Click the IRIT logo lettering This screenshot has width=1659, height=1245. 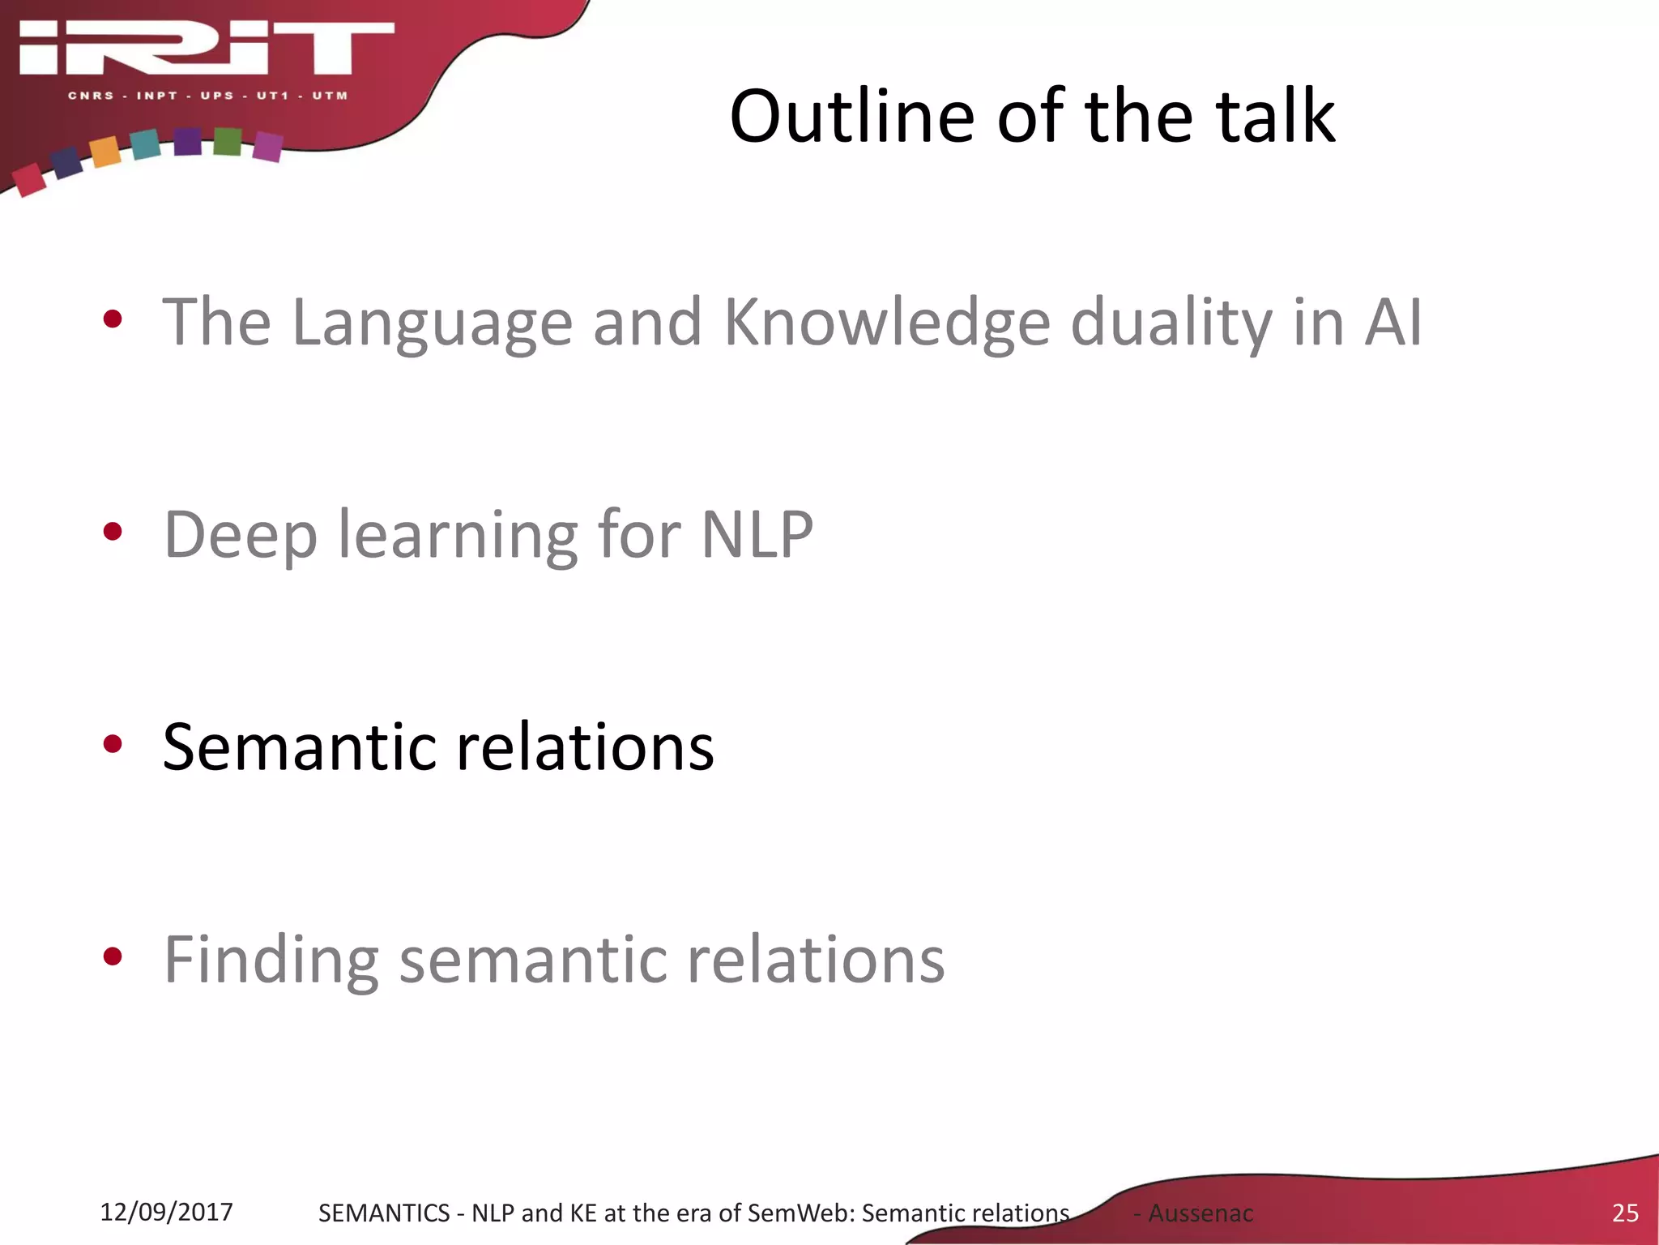(207, 49)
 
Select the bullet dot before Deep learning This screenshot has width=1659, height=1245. (113, 533)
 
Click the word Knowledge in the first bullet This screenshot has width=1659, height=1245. (886, 323)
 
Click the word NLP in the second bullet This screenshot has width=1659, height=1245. (757, 535)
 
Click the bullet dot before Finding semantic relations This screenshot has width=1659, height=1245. (113, 957)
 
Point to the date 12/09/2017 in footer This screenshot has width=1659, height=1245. (166, 1212)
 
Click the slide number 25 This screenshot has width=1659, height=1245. (1625, 1213)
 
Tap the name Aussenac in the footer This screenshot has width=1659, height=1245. (1201, 1213)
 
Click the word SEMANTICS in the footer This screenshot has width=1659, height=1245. (383, 1213)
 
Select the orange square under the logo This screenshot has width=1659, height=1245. (105, 152)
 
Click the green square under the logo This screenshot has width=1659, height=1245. (228, 142)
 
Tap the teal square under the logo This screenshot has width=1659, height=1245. (146, 144)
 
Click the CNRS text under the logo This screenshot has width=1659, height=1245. (91, 96)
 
